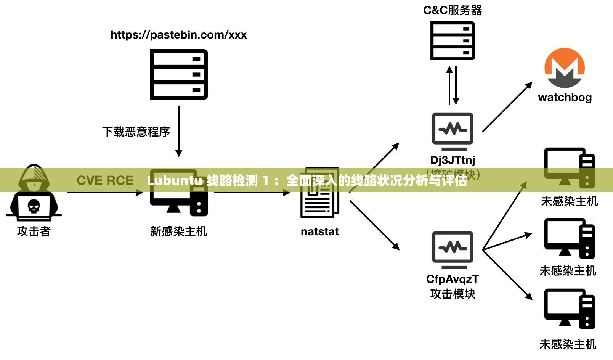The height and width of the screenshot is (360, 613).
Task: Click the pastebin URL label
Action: pyautogui.click(x=178, y=35)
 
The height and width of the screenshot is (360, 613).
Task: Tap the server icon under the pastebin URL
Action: pyautogui.click(x=178, y=74)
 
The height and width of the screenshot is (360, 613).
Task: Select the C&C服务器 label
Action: pyautogui.click(x=453, y=10)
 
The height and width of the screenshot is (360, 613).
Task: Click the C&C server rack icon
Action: pyautogui.click(x=453, y=40)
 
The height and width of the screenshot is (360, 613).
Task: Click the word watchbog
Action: pyautogui.click(x=565, y=97)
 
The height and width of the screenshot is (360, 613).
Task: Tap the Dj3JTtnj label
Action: pyautogui.click(x=453, y=160)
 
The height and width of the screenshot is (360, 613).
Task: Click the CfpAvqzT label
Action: pyautogui.click(x=453, y=279)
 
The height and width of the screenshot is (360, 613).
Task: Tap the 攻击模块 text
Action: pyautogui.click(x=453, y=294)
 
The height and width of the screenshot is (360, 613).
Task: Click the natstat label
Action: pyautogui.click(x=319, y=231)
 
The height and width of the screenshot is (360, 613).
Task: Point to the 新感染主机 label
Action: pyautogui.click(x=178, y=231)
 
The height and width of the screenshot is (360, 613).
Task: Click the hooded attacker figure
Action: pyautogui.click(x=34, y=193)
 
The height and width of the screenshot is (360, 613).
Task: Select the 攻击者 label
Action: pyautogui.click(x=34, y=231)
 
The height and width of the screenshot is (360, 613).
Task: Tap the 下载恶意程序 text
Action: pyautogui.click(x=136, y=132)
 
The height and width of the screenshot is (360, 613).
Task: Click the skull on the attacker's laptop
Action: pyautogui.click(x=34, y=207)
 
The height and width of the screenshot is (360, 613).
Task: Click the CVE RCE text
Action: pyautogui.click(x=105, y=180)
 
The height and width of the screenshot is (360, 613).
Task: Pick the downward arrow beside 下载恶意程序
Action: pyautogui.click(x=178, y=132)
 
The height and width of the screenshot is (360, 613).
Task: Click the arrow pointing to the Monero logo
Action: pyautogui.click(x=507, y=107)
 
